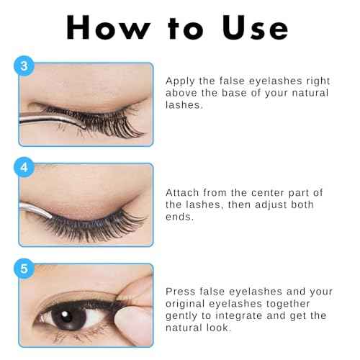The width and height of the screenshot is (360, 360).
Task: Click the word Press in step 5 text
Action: coord(181,292)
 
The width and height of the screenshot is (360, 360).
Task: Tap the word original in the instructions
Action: coord(188,303)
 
